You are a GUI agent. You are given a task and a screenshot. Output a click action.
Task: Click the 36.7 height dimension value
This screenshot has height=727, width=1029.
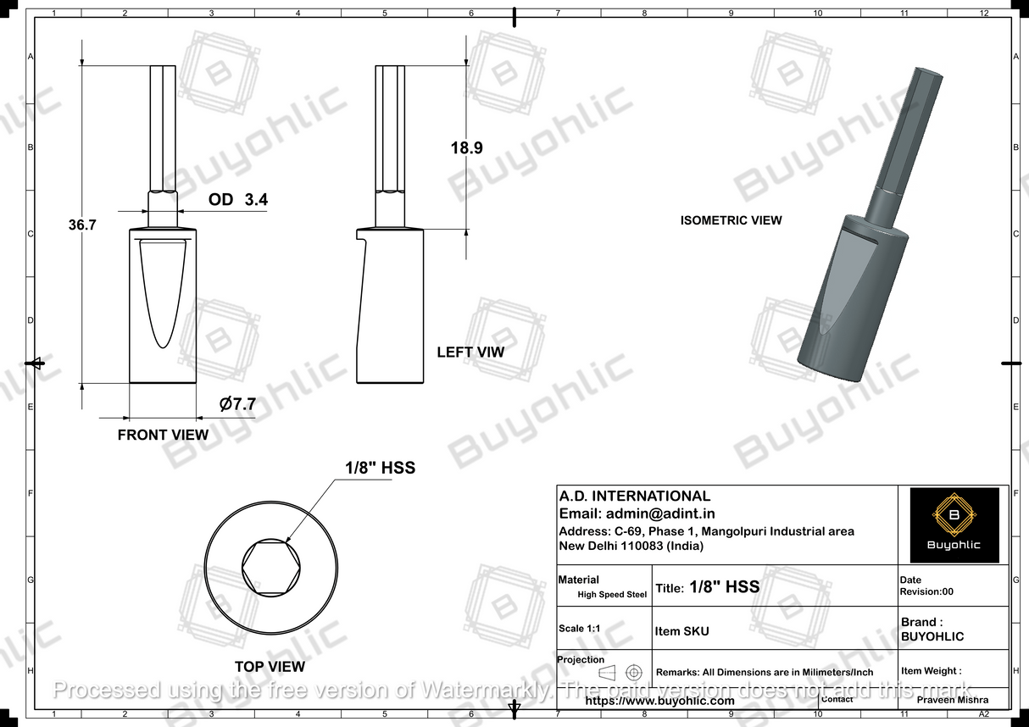coord(83,225)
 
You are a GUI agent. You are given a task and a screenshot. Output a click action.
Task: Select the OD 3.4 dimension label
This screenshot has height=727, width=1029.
coord(238,200)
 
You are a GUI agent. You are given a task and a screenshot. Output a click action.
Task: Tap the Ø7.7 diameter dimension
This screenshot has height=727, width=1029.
coord(237,405)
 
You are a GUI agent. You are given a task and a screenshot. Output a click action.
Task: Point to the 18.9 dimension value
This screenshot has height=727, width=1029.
coord(466,147)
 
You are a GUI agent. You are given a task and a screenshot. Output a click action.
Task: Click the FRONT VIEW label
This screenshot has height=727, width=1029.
coord(163,435)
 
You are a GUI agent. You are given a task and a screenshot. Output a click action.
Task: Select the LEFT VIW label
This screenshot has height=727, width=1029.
coord(470,352)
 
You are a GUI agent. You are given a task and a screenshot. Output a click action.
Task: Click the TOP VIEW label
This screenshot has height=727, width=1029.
coord(270,667)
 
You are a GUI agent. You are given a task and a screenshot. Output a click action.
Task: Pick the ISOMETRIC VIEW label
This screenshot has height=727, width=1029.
coord(731,220)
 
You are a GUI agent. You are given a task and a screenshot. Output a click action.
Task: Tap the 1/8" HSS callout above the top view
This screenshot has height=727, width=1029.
coord(380,468)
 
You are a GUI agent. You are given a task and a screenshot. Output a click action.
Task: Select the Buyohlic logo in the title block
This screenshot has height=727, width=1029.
coord(954,525)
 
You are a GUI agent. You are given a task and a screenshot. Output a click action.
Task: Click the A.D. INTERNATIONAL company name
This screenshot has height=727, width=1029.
coord(634,497)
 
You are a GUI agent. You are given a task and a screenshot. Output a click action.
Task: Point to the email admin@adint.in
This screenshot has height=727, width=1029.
coord(637,513)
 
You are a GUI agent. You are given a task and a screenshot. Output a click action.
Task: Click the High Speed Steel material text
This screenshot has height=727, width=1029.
coord(612,595)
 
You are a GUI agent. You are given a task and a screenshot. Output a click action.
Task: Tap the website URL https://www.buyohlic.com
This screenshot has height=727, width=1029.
coord(659,701)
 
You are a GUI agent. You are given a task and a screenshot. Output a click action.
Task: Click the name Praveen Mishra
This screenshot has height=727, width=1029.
coord(953,701)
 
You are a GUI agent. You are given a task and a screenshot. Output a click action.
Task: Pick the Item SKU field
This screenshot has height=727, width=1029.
coord(682,631)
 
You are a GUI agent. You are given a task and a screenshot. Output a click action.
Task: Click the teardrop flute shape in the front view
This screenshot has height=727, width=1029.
coord(163,292)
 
